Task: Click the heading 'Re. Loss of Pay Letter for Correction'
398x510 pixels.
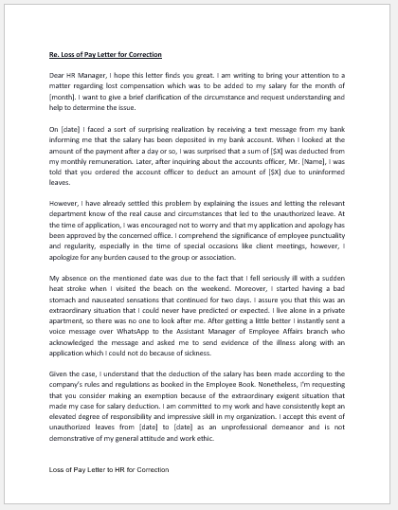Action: pos(104,56)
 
